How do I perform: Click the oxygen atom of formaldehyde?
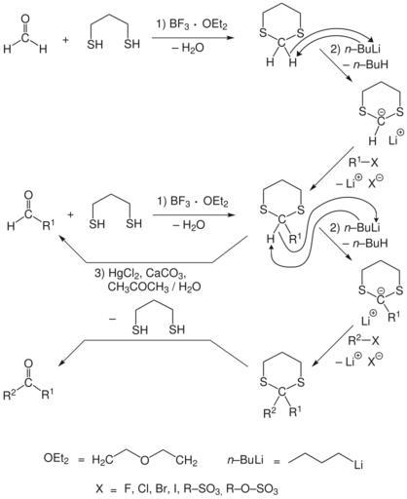25,19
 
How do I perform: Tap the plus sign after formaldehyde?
65,40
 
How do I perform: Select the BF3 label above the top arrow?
179,25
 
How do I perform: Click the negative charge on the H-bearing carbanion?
382,112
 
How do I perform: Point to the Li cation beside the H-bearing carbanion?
396,138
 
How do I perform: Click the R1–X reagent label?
363,162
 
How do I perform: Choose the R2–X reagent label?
363,340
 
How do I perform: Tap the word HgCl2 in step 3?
124,273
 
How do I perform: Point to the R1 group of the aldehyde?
49,224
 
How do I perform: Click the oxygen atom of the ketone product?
28,364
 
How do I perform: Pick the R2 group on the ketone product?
10,395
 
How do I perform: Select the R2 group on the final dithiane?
271,412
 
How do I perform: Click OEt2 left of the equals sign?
56,459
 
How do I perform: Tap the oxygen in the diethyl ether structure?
145,460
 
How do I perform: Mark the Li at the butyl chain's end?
358,465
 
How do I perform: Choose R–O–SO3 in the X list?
251,489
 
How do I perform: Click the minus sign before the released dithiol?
113,319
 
